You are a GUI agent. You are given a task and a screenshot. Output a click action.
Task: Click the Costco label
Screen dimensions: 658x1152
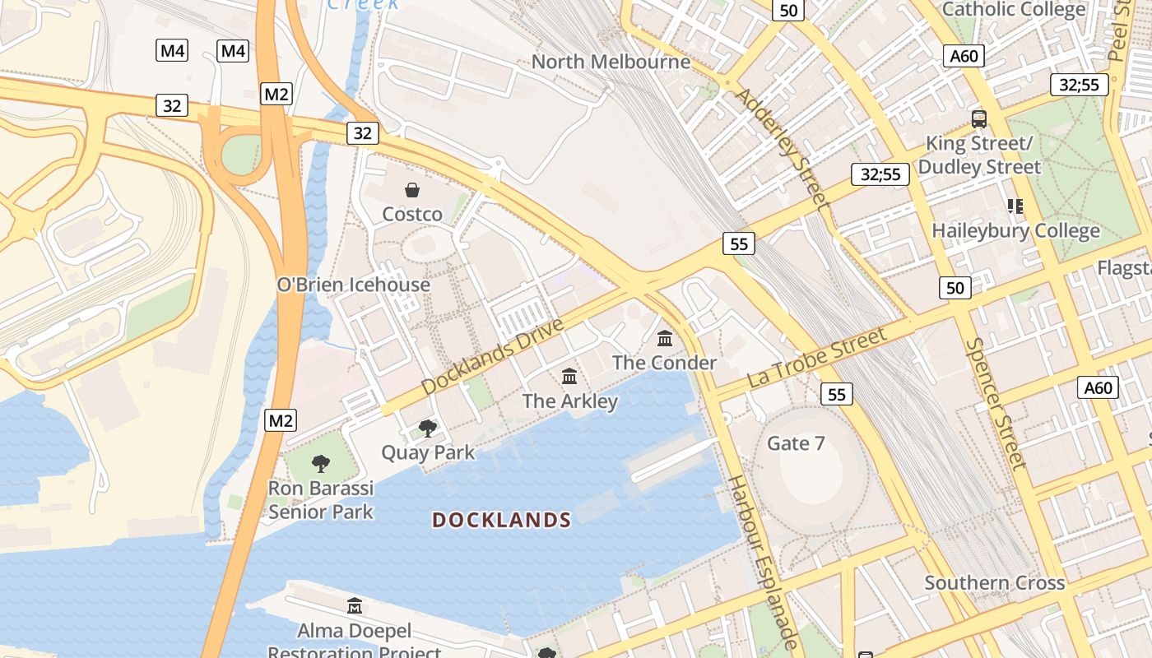point(412,215)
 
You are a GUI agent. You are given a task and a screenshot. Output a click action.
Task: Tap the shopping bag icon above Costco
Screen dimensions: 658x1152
point(412,191)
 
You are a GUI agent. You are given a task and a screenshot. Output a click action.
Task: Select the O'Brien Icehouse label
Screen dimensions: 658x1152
point(353,285)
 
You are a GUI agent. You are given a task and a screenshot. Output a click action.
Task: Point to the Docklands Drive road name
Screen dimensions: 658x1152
point(492,356)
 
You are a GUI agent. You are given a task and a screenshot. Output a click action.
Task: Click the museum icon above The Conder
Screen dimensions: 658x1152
point(665,338)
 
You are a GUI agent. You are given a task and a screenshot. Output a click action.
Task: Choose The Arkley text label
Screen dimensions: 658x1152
point(569,401)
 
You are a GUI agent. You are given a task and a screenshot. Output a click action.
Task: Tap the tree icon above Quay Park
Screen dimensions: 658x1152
point(428,428)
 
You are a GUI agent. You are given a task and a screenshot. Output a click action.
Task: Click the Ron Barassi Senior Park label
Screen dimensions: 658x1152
point(321,500)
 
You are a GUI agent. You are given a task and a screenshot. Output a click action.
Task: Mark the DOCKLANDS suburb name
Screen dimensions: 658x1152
point(502,520)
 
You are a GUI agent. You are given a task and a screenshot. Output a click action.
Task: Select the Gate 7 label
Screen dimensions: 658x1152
point(796,444)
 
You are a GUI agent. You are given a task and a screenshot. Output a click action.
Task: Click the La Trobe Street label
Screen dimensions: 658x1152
point(817,358)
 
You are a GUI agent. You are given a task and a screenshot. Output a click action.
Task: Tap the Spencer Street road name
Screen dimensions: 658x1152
point(996,403)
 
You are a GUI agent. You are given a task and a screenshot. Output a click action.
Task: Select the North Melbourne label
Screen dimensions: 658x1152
point(611,62)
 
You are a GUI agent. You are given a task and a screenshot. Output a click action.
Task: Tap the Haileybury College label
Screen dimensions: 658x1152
point(1015,231)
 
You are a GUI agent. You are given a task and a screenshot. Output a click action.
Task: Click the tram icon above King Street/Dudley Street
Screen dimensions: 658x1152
point(979,118)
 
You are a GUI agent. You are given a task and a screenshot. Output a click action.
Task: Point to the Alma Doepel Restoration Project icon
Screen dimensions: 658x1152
point(355,606)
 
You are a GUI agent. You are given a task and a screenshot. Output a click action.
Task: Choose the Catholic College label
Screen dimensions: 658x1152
point(1014,10)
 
